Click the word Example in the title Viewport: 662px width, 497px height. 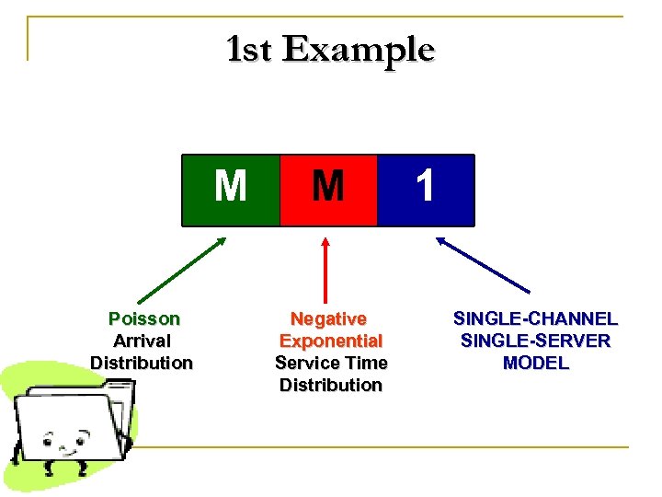(358, 49)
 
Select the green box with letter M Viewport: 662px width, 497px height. (230, 190)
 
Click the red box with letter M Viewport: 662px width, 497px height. (328, 190)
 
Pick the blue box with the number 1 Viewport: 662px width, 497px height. (426, 190)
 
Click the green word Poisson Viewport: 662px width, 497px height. (144, 319)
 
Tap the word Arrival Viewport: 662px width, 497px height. (142, 341)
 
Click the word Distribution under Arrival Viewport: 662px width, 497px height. (142, 364)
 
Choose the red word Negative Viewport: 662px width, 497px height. (329, 319)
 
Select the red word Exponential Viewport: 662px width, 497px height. (330, 341)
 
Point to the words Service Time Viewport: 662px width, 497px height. (331, 364)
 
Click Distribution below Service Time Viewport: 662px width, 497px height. (331, 386)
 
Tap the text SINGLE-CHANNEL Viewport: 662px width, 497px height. (535, 319)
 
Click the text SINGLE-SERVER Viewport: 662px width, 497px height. (535, 341)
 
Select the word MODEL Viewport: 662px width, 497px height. (535, 364)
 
